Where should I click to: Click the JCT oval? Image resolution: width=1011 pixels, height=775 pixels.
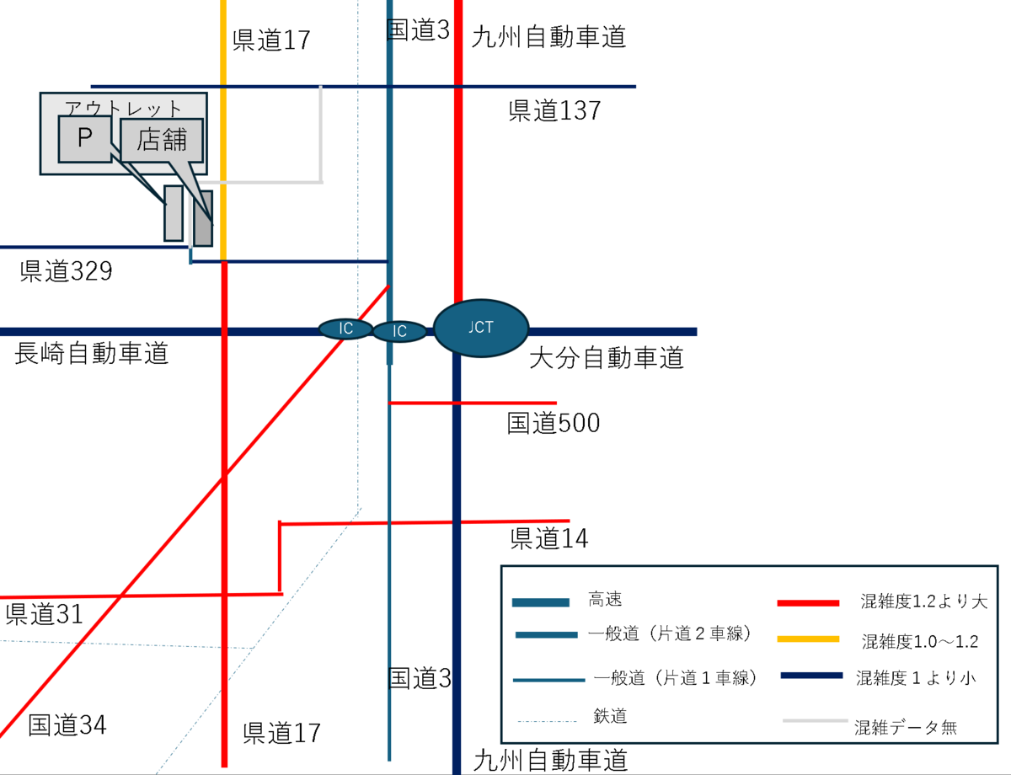(481, 328)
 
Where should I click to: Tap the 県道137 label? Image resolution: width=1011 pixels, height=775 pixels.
(554, 111)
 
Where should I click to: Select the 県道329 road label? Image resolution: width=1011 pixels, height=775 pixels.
(66, 271)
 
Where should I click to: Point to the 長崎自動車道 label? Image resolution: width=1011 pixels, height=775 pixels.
(92, 354)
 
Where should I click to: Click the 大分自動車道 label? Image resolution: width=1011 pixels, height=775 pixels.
(607, 359)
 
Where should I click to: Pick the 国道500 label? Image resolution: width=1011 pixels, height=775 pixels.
(554, 423)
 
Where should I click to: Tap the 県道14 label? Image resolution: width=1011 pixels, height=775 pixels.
(549, 538)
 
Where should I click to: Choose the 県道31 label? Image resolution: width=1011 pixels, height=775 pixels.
(44, 613)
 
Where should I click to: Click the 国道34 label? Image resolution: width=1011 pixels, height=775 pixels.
(67, 724)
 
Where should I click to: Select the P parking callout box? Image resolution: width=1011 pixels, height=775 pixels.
(84, 139)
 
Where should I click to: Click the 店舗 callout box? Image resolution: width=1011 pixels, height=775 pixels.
(161, 140)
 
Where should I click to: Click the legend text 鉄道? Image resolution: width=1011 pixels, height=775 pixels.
(610, 716)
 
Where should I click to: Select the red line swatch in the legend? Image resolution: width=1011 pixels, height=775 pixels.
(808, 603)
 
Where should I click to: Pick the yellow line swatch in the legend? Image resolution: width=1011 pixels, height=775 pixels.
(808, 639)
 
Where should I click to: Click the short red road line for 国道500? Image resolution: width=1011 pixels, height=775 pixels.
(472, 404)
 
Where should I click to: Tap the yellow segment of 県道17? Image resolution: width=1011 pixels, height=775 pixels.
(223, 168)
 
